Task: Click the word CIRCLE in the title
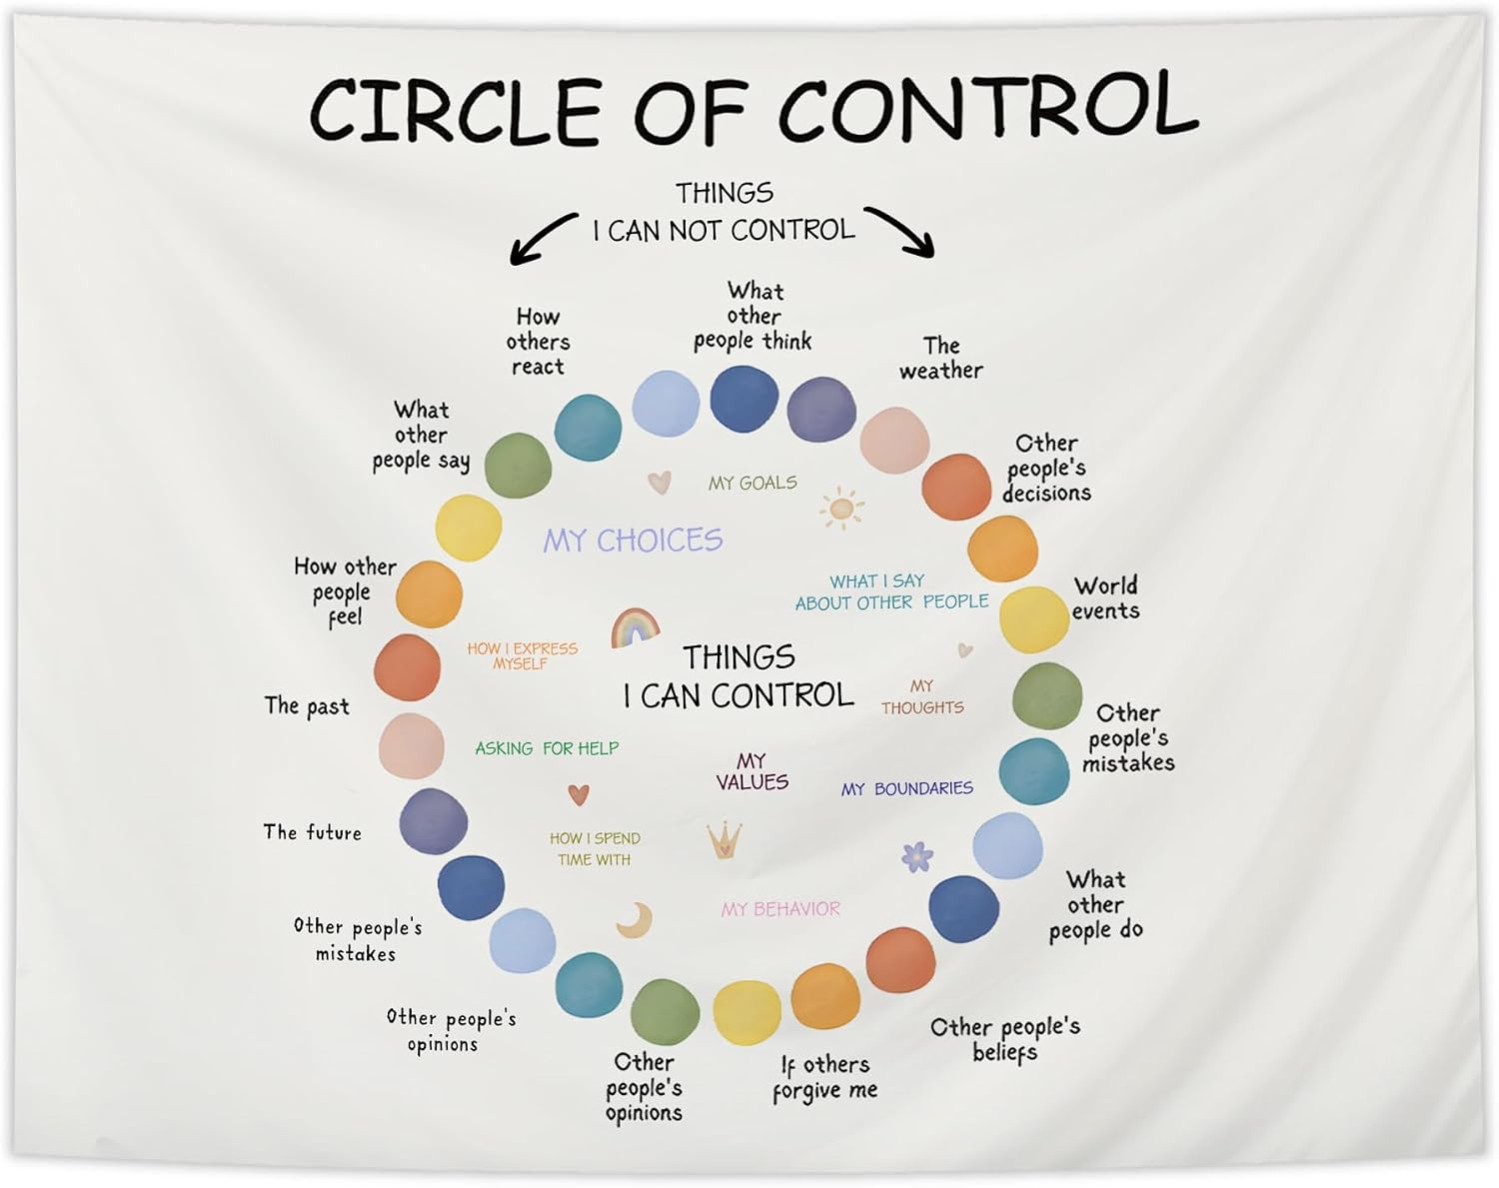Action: pyautogui.click(x=455, y=112)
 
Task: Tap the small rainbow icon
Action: pyautogui.click(x=635, y=627)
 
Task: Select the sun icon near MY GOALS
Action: pyautogui.click(x=842, y=508)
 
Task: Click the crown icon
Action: pyautogui.click(x=725, y=839)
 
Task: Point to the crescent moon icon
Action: pyautogui.click(x=636, y=921)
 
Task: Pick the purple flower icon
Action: pyautogui.click(x=916, y=856)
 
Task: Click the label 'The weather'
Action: pyautogui.click(x=941, y=358)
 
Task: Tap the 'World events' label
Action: pyautogui.click(x=1105, y=598)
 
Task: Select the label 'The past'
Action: pyautogui.click(x=307, y=706)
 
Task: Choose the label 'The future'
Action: pyautogui.click(x=313, y=832)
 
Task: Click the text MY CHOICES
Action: pyautogui.click(x=634, y=541)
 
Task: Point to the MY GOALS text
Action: pyautogui.click(x=752, y=483)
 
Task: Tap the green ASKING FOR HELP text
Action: pyautogui.click(x=547, y=748)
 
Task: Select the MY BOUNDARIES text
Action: pyautogui.click(x=907, y=789)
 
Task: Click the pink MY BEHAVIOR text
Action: pyautogui.click(x=780, y=909)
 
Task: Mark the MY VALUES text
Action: pyautogui.click(x=752, y=771)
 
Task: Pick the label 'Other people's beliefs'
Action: pyautogui.click(x=1005, y=1040)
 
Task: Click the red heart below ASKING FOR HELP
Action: pyautogui.click(x=579, y=794)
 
